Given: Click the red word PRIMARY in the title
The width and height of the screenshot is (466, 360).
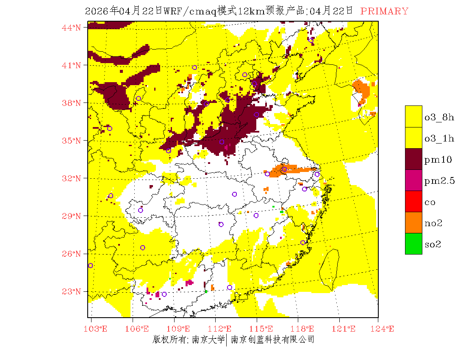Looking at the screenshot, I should [x=384, y=11].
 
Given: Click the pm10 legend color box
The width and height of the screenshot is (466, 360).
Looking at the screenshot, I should [x=413, y=159].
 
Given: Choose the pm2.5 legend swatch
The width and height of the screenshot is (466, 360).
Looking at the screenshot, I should [x=413, y=180].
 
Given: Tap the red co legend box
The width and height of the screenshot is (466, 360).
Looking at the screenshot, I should [x=413, y=202].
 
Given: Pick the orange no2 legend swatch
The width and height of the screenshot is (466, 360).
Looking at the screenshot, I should [x=413, y=223].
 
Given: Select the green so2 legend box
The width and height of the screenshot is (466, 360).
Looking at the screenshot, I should [x=413, y=244].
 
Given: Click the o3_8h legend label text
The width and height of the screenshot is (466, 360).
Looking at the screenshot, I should [x=439, y=117].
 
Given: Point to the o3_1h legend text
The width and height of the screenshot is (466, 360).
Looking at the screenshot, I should [x=439, y=138].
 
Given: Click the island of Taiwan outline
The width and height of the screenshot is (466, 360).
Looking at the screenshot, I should [x=330, y=269].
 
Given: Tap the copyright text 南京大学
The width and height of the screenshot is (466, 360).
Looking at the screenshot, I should [x=208, y=339].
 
